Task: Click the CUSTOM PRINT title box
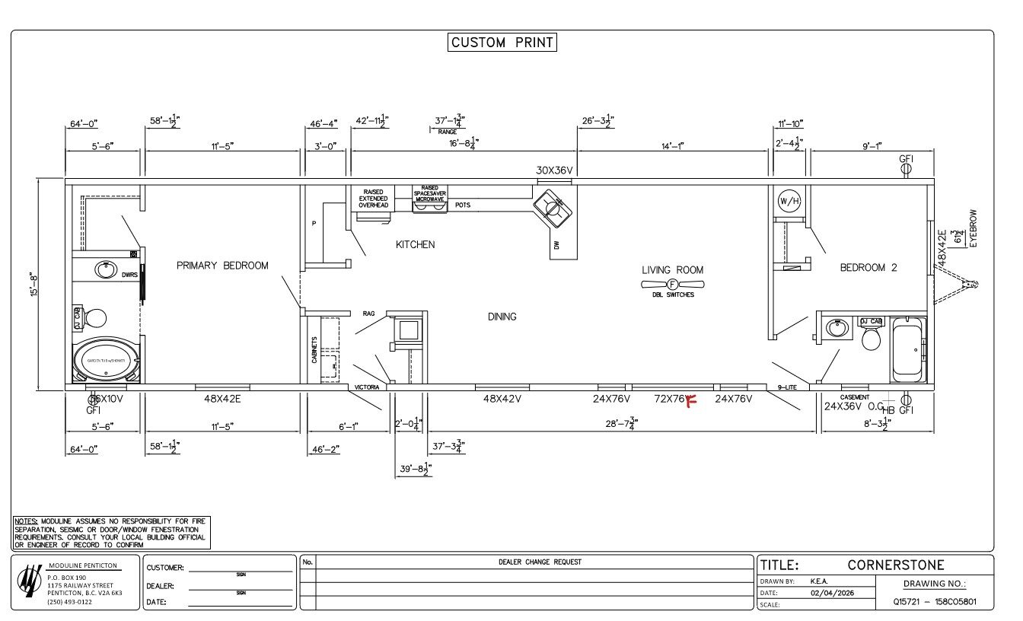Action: click(x=502, y=43)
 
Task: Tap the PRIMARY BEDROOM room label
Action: click(x=222, y=266)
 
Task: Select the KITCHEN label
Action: click(x=415, y=244)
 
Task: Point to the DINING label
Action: click(x=502, y=317)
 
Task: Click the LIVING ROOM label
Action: click(x=672, y=269)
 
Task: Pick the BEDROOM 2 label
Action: click(x=868, y=267)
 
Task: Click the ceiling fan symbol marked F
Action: click(x=672, y=284)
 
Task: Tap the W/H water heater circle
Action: click(x=789, y=201)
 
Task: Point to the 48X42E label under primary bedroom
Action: click(x=222, y=398)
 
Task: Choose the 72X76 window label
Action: click(x=670, y=398)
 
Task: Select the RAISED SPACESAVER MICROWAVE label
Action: click(x=430, y=193)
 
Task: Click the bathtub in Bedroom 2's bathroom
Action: click(x=908, y=349)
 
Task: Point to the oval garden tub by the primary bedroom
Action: click(x=106, y=361)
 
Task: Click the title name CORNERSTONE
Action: click(x=895, y=565)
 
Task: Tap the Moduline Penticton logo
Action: click(x=30, y=581)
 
